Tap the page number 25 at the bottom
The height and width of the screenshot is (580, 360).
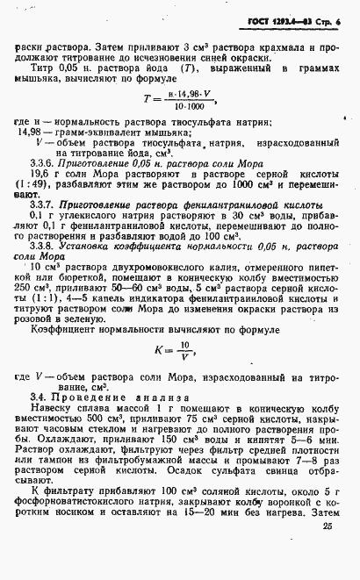pyautogui.click(x=328, y=552)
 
